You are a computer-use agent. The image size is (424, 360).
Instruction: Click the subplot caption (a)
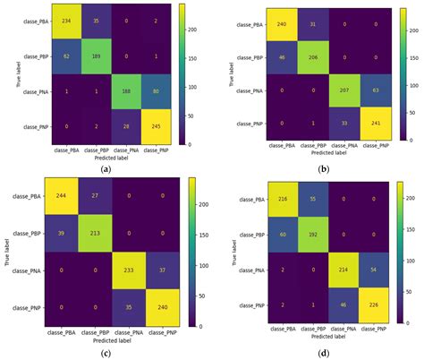[x=106, y=167]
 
